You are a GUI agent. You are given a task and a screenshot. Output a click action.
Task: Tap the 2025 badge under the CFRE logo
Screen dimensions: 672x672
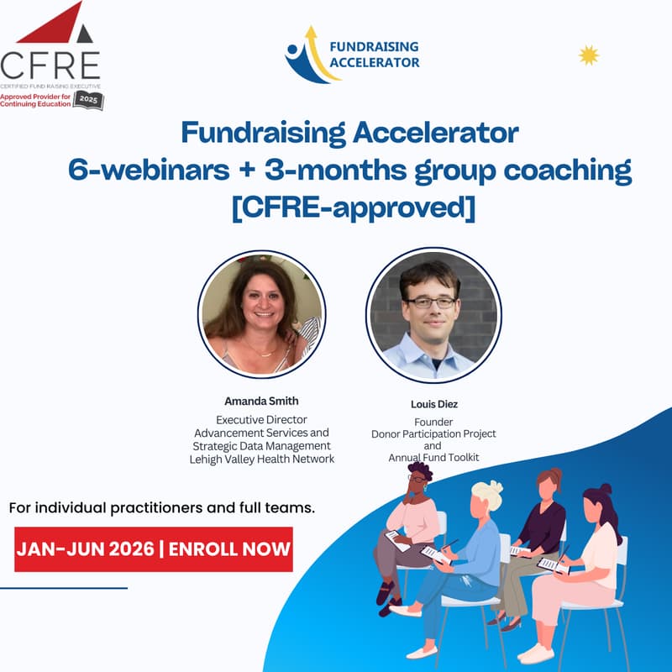pos(87,100)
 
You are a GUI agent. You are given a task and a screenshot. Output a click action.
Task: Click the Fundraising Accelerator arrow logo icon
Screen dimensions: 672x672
pos(306,55)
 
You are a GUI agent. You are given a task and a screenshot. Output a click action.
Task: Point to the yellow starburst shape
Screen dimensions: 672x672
pos(590,55)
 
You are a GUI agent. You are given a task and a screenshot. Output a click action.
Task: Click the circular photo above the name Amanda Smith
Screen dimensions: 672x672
pos(261,312)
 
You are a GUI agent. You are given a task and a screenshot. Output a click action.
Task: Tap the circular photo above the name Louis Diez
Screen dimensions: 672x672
pos(433,314)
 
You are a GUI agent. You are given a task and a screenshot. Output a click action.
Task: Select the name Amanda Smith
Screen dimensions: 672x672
pos(261,401)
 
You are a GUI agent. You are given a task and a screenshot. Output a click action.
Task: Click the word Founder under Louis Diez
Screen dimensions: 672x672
pos(433,422)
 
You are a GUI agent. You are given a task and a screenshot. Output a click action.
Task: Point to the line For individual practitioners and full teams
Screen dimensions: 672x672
pos(161,509)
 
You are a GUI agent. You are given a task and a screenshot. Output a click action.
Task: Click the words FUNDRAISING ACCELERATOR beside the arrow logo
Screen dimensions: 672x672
pos(375,55)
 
